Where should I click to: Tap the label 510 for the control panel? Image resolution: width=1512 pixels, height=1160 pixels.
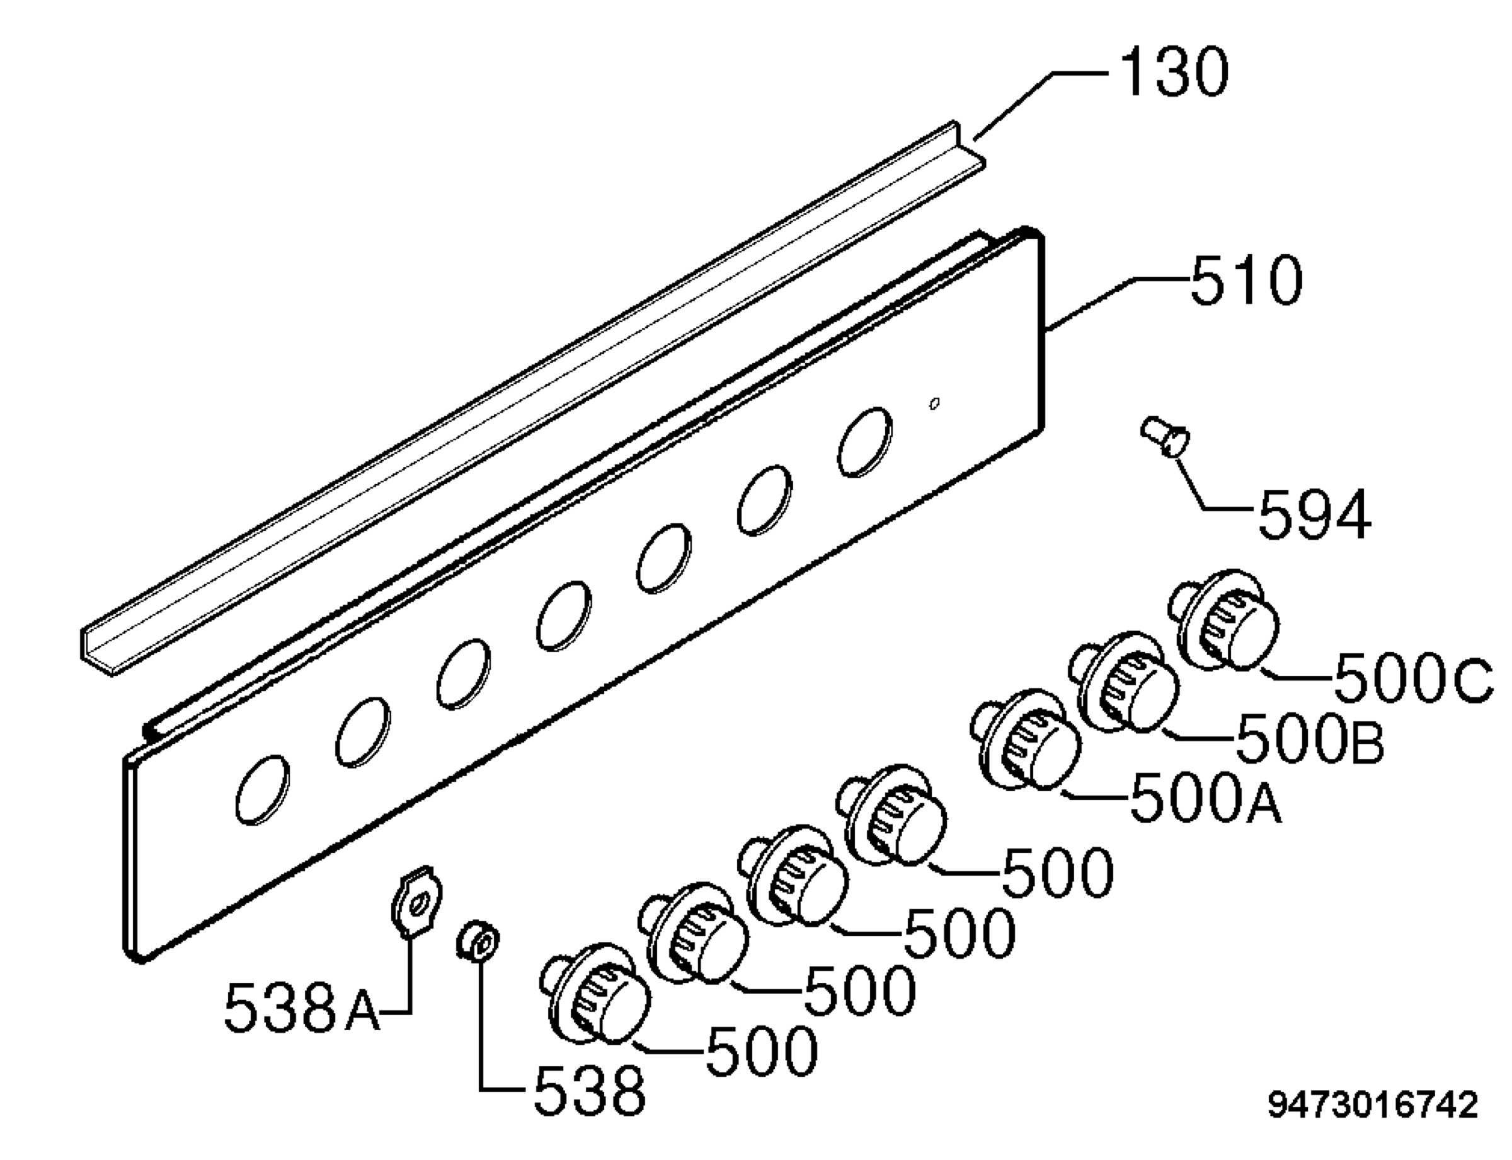click(x=1246, y=280)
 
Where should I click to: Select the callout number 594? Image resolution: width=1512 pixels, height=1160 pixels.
click(x=1315, y=514)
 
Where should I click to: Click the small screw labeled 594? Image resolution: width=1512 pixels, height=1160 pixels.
click(x=1165, y=436)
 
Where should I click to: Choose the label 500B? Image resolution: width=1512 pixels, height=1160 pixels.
click(x=1310, y=738)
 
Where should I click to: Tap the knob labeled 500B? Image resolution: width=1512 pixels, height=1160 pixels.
click(x=1125, y=681)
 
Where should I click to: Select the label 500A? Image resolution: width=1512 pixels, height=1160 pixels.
click(x=1206, y=797)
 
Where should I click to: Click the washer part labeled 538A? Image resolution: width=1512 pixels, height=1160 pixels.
click(x=417, y=900)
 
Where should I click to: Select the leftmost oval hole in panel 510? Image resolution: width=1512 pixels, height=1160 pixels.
click(x=262, y=789)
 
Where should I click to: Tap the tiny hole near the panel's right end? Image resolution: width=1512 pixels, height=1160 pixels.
click(x=934, y=403)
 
